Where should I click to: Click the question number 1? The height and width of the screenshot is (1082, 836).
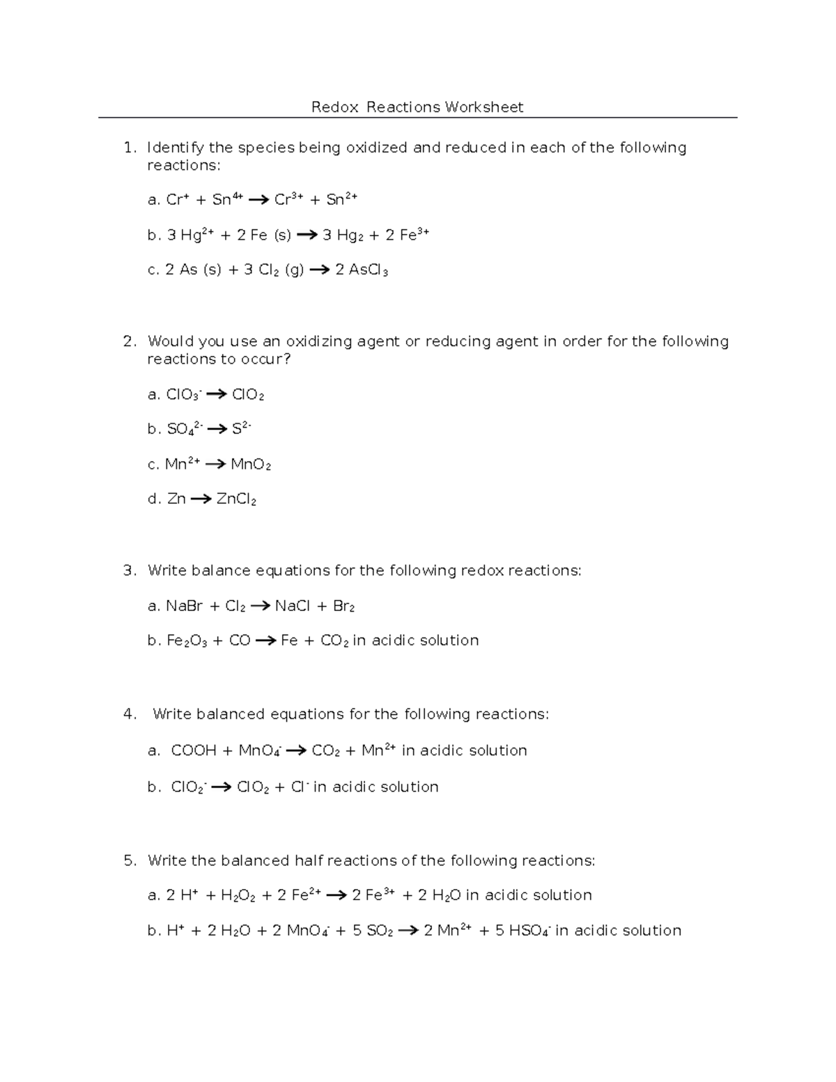coord(128,148)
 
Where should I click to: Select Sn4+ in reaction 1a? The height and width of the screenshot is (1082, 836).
coord(227,200)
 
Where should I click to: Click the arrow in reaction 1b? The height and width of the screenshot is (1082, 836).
coord(307,235)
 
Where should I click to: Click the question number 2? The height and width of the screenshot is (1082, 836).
coord(129,341)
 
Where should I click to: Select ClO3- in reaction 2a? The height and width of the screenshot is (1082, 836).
coord(183,395)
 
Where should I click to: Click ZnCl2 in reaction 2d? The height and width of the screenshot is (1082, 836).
coord(237,500)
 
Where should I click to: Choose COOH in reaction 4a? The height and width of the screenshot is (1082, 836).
coord(194,750)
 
